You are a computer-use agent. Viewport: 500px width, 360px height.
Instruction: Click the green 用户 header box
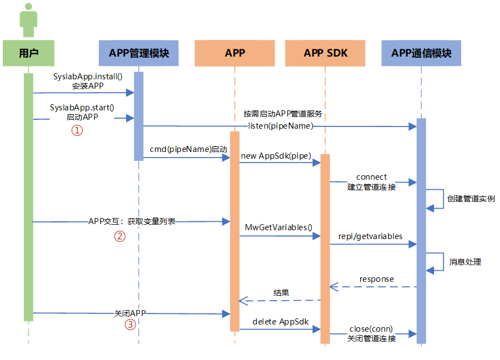pos(28,53)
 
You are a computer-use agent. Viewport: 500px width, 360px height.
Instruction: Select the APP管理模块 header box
pos(139,53)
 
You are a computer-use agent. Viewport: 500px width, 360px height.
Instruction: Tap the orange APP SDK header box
pos(325,53)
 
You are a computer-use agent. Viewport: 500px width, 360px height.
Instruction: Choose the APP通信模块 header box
pos(421,53)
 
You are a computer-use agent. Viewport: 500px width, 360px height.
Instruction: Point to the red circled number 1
pos(77,130)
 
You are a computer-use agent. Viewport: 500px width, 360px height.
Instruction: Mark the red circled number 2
pos(119,236)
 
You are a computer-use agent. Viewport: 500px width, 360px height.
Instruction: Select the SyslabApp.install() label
pos(88,77)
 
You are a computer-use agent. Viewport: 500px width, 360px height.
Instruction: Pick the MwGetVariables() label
pos(279,227)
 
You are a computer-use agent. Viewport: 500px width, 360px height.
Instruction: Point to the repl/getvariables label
pos(370,236)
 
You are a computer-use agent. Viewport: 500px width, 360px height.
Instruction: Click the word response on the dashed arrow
pos(376,278)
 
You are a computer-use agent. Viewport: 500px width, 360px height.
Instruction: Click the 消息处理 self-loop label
pos(465,262)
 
